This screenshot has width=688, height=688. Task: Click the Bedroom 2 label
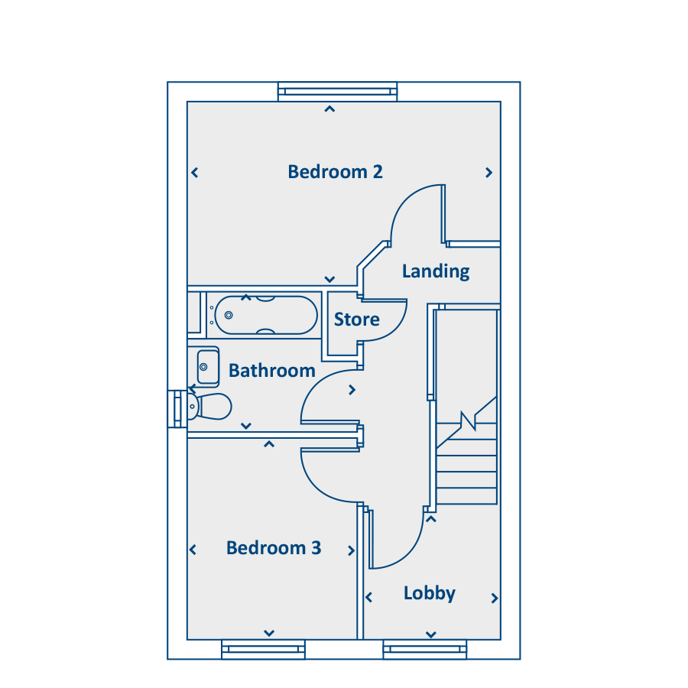point(335,172)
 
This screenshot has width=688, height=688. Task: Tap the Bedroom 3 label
point(274,548)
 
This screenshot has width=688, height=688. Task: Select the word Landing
point(436,271)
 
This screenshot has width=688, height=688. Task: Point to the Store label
point(357,320)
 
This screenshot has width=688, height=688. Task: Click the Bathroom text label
point(272,371)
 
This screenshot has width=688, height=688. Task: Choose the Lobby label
point(430,593)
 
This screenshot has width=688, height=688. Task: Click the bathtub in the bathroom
point(265,315)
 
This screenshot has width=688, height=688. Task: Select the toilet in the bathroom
point(209,407)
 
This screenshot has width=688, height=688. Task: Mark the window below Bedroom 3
point(263,650)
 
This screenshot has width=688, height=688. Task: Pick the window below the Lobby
point(424,650)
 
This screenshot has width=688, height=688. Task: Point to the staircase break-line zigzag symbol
point(467,421)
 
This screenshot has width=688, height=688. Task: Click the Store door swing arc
point(394,325)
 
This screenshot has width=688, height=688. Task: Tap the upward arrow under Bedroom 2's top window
point(329,109)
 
